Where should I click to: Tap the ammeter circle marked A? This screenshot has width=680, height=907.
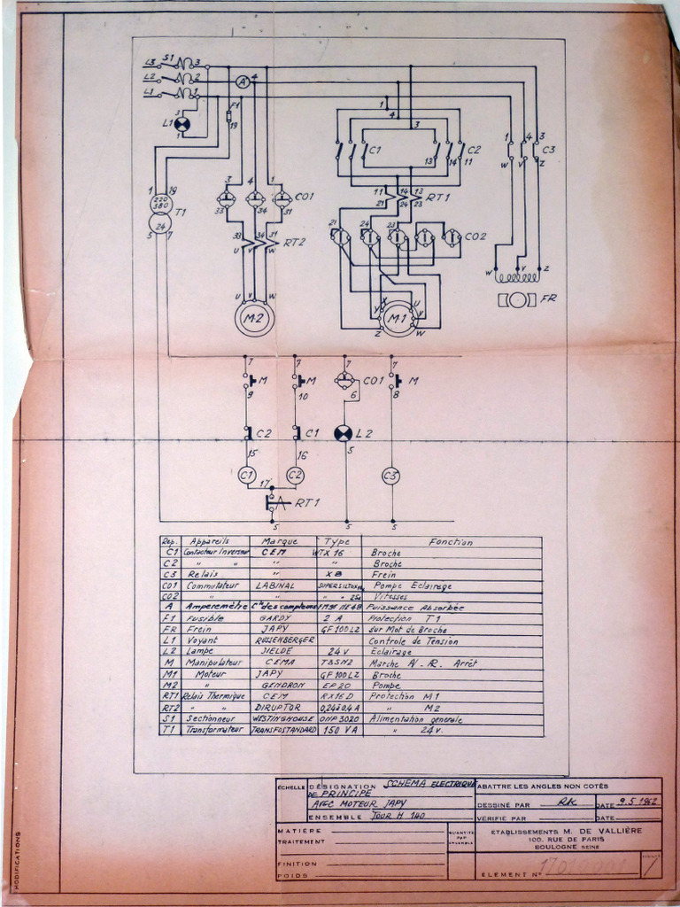(243, 81)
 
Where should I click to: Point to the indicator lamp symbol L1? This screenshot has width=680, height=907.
(182, 123)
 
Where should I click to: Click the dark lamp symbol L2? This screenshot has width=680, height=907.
(343, 433)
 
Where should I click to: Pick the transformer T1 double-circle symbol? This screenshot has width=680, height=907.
(160, 213)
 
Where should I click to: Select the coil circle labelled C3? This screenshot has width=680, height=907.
(390, 476)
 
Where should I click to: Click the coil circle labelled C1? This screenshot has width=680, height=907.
(248, 476)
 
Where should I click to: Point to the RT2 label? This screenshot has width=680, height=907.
(295, 241)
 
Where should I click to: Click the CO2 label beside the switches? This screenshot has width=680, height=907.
(475, 236)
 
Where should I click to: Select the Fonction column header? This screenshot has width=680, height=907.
(451, 541)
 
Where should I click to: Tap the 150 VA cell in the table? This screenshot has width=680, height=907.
(337, 731)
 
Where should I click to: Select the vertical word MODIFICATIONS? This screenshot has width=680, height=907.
(17, 859)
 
